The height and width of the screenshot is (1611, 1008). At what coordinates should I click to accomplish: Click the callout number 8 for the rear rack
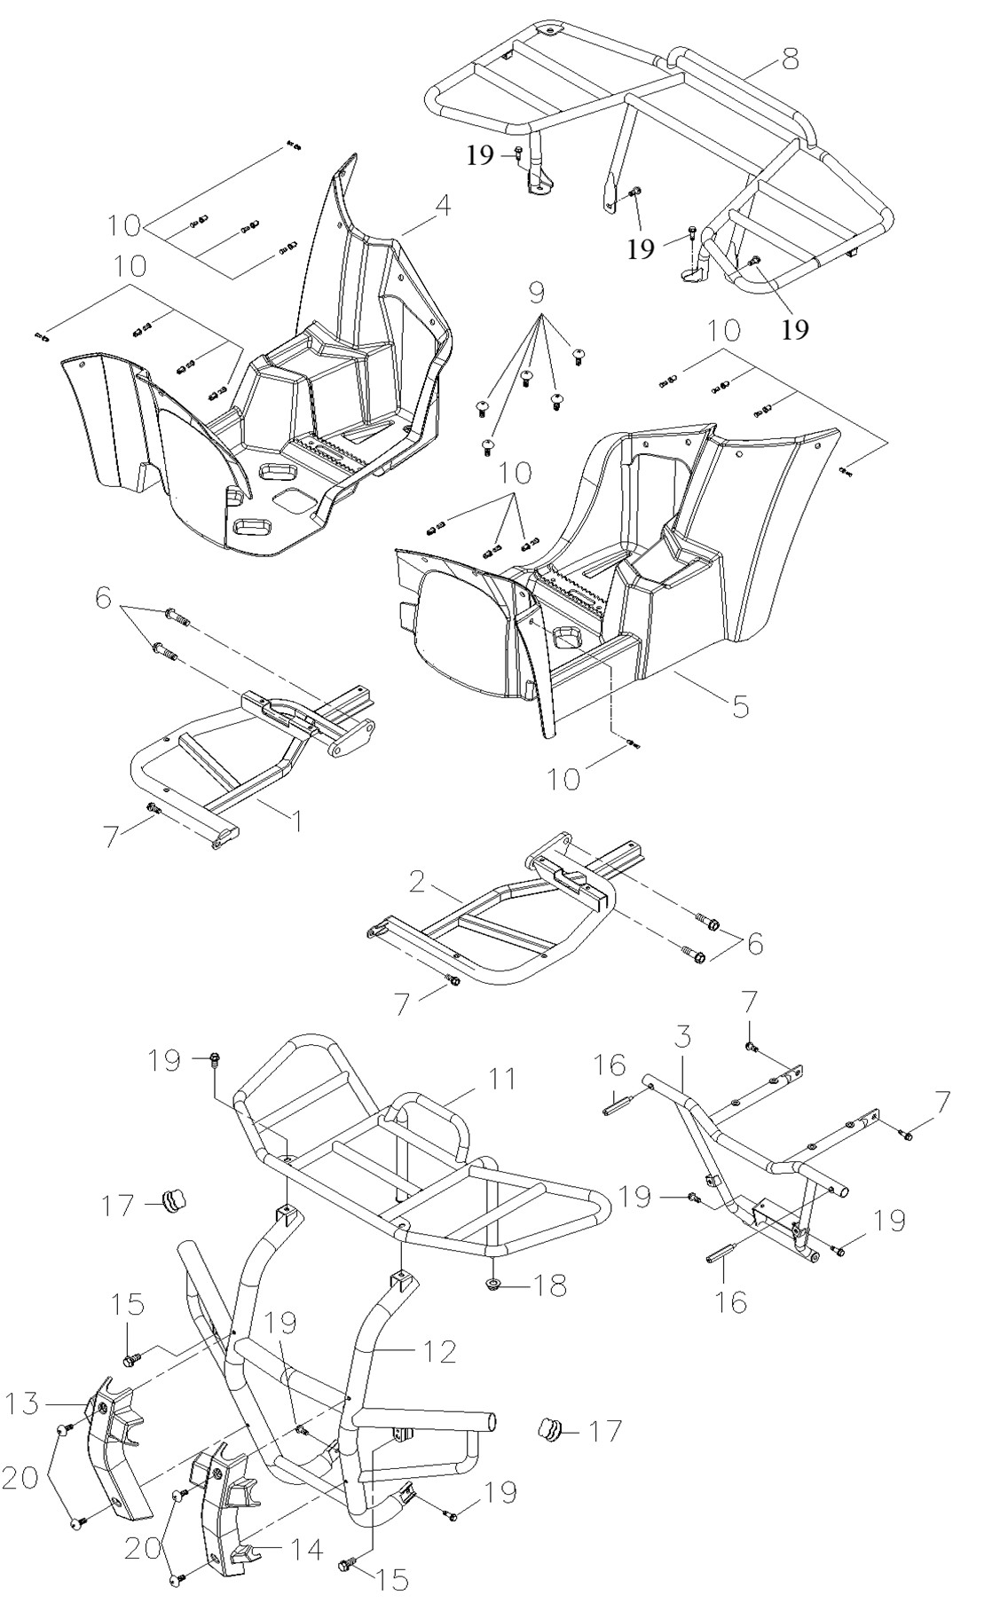point(790,59)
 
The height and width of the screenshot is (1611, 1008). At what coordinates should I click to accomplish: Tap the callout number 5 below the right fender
point(740,706)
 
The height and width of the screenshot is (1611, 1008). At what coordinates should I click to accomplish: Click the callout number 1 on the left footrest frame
point(298,821)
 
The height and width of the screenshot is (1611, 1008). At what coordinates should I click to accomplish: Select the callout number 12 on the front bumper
point(440,1351)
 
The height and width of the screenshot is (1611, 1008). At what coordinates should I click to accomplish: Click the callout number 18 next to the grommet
point(547,1285)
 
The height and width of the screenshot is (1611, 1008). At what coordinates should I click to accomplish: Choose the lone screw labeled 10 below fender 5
point(630,743)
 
